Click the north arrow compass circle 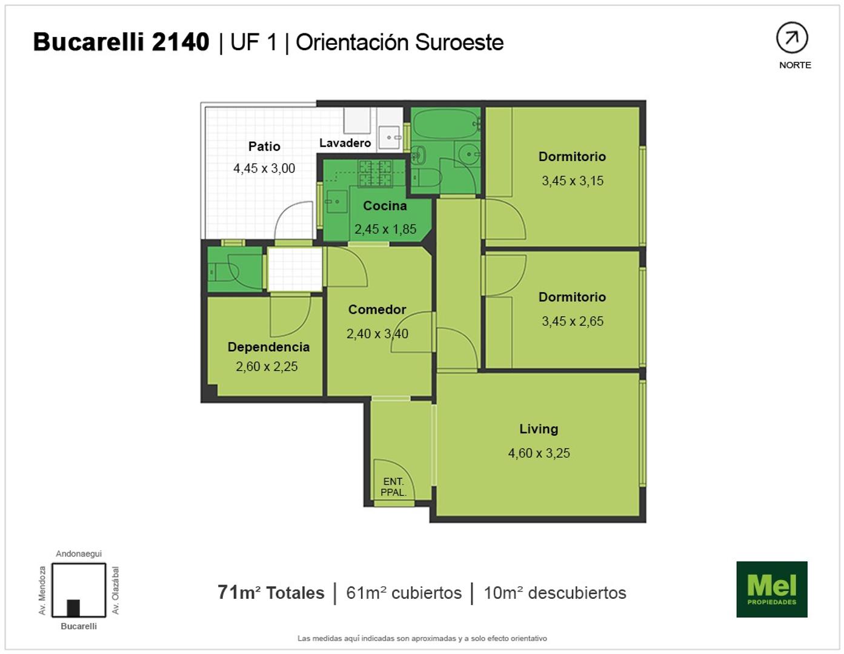792,38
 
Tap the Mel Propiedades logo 772,589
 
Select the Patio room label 264,147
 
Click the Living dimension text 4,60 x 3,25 539,453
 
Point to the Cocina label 385,206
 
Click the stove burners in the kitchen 375,173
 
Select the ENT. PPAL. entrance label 393,487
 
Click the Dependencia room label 268,347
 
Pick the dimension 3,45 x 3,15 573,181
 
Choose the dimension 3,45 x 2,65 573,322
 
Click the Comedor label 377,309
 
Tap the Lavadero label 345,143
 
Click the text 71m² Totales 271,593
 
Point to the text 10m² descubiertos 555,593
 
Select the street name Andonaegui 79,553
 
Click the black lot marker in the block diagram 73,608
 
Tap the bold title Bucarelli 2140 121,42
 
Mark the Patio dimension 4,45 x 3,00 264,168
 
